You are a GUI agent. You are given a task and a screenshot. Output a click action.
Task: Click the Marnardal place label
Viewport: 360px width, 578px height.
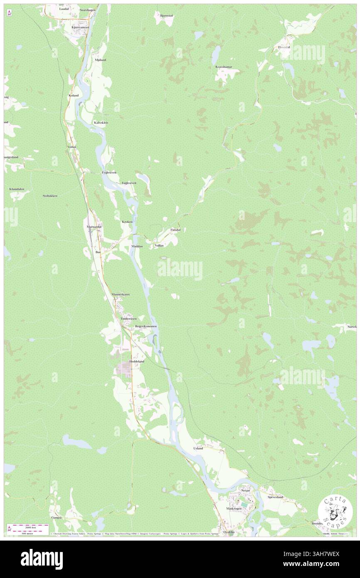click(x=94, y=227)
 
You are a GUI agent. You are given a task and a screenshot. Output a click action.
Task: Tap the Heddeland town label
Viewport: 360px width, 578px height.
click(x=137, y=362)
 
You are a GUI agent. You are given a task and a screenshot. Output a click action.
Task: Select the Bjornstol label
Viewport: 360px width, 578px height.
click(x=166, y=15)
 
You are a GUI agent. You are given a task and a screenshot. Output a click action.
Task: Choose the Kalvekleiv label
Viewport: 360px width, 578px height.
click(x=101, y=123)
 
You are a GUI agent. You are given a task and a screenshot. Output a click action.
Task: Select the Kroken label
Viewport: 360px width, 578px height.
click(x=127, y=222)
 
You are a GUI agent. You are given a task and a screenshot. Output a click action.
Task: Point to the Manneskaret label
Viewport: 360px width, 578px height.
click(x=121, y=294)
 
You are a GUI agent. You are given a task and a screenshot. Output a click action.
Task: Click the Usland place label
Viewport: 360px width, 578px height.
click(x=198, y=448)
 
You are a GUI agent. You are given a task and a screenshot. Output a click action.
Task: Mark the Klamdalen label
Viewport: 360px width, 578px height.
click(x=17, y=189)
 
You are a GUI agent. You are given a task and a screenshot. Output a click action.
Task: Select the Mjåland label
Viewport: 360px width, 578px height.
click(x=100, y=60)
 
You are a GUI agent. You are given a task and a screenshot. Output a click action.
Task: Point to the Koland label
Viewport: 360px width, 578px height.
click(x=73, y=95)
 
